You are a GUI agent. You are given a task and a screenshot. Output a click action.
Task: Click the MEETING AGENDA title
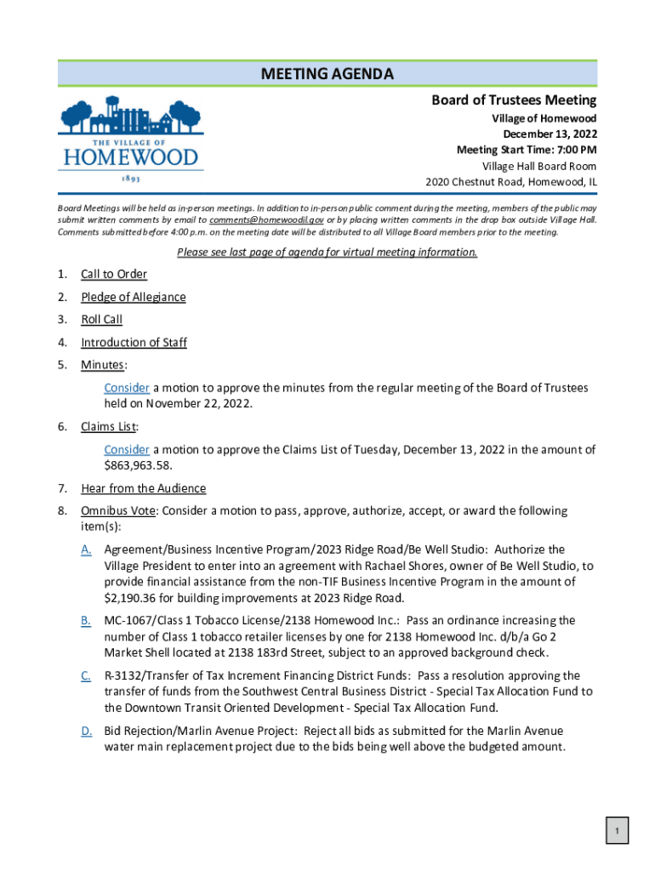[327, 74]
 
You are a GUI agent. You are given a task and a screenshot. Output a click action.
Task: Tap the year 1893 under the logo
[129, 179]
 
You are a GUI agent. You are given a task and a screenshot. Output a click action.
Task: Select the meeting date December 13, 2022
[550, 134]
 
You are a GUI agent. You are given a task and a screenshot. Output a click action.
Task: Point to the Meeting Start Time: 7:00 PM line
[527, 151]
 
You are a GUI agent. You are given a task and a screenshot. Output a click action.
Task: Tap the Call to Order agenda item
[113, 274]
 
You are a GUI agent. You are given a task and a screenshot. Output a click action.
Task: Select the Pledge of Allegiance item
[133, 297]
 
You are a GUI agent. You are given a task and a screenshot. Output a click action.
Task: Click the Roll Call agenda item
[101, 320]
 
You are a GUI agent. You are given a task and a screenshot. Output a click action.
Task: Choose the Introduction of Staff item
[134, 343]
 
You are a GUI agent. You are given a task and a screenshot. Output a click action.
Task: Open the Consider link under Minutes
[127, 388]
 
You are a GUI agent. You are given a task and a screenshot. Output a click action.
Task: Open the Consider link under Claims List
[127, 449]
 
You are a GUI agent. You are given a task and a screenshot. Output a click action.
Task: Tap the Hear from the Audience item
[143, 488]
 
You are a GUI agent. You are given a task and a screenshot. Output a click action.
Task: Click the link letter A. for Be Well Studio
[87, 549]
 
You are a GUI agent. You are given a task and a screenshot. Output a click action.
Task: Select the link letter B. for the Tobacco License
[87, 621]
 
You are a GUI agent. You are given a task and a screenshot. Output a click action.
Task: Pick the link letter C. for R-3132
[87, 675]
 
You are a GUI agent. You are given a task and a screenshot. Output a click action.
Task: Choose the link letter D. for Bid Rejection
[87, 731]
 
